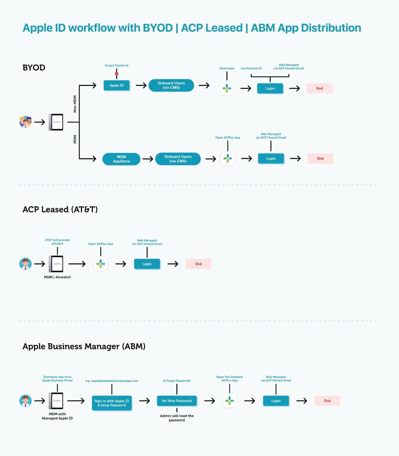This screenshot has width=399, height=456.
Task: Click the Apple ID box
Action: (x=116, y=85)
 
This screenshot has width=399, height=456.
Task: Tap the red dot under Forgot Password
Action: (x=116, y=74)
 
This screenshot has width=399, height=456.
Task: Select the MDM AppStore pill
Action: (x=121, y=159)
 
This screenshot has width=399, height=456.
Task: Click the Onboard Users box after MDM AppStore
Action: (x=178, y=159)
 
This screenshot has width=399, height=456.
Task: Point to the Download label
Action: (x=227, y=68)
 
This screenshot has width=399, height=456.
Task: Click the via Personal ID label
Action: (x=251, y=68)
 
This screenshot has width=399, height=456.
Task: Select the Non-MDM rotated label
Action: (x=75, y=104)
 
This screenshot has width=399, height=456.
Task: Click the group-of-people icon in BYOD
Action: (x=26, y=122)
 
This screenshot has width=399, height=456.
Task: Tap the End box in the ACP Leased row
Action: (x=198, y=264)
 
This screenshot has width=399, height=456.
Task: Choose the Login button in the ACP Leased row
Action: (x=147, y=264)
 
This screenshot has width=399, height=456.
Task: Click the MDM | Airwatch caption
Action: (x=57, y=277)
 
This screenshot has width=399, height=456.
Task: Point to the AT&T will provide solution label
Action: (x=57, y=242)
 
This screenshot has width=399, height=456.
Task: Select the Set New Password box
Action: (x=177, y=401)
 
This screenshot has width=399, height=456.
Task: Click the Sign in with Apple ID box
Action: (x=112, y=403)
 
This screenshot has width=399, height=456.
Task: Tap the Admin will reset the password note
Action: (x=177, y=418)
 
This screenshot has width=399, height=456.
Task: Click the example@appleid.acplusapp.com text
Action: (x=112, y=381)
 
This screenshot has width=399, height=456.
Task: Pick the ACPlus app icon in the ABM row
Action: (x=229, y=401)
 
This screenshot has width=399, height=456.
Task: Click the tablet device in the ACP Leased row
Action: (x=56, y=264)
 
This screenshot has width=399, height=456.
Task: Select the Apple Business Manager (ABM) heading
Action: (x=84, y=346)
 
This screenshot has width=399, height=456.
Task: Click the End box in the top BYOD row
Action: (x=320, y=88)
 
